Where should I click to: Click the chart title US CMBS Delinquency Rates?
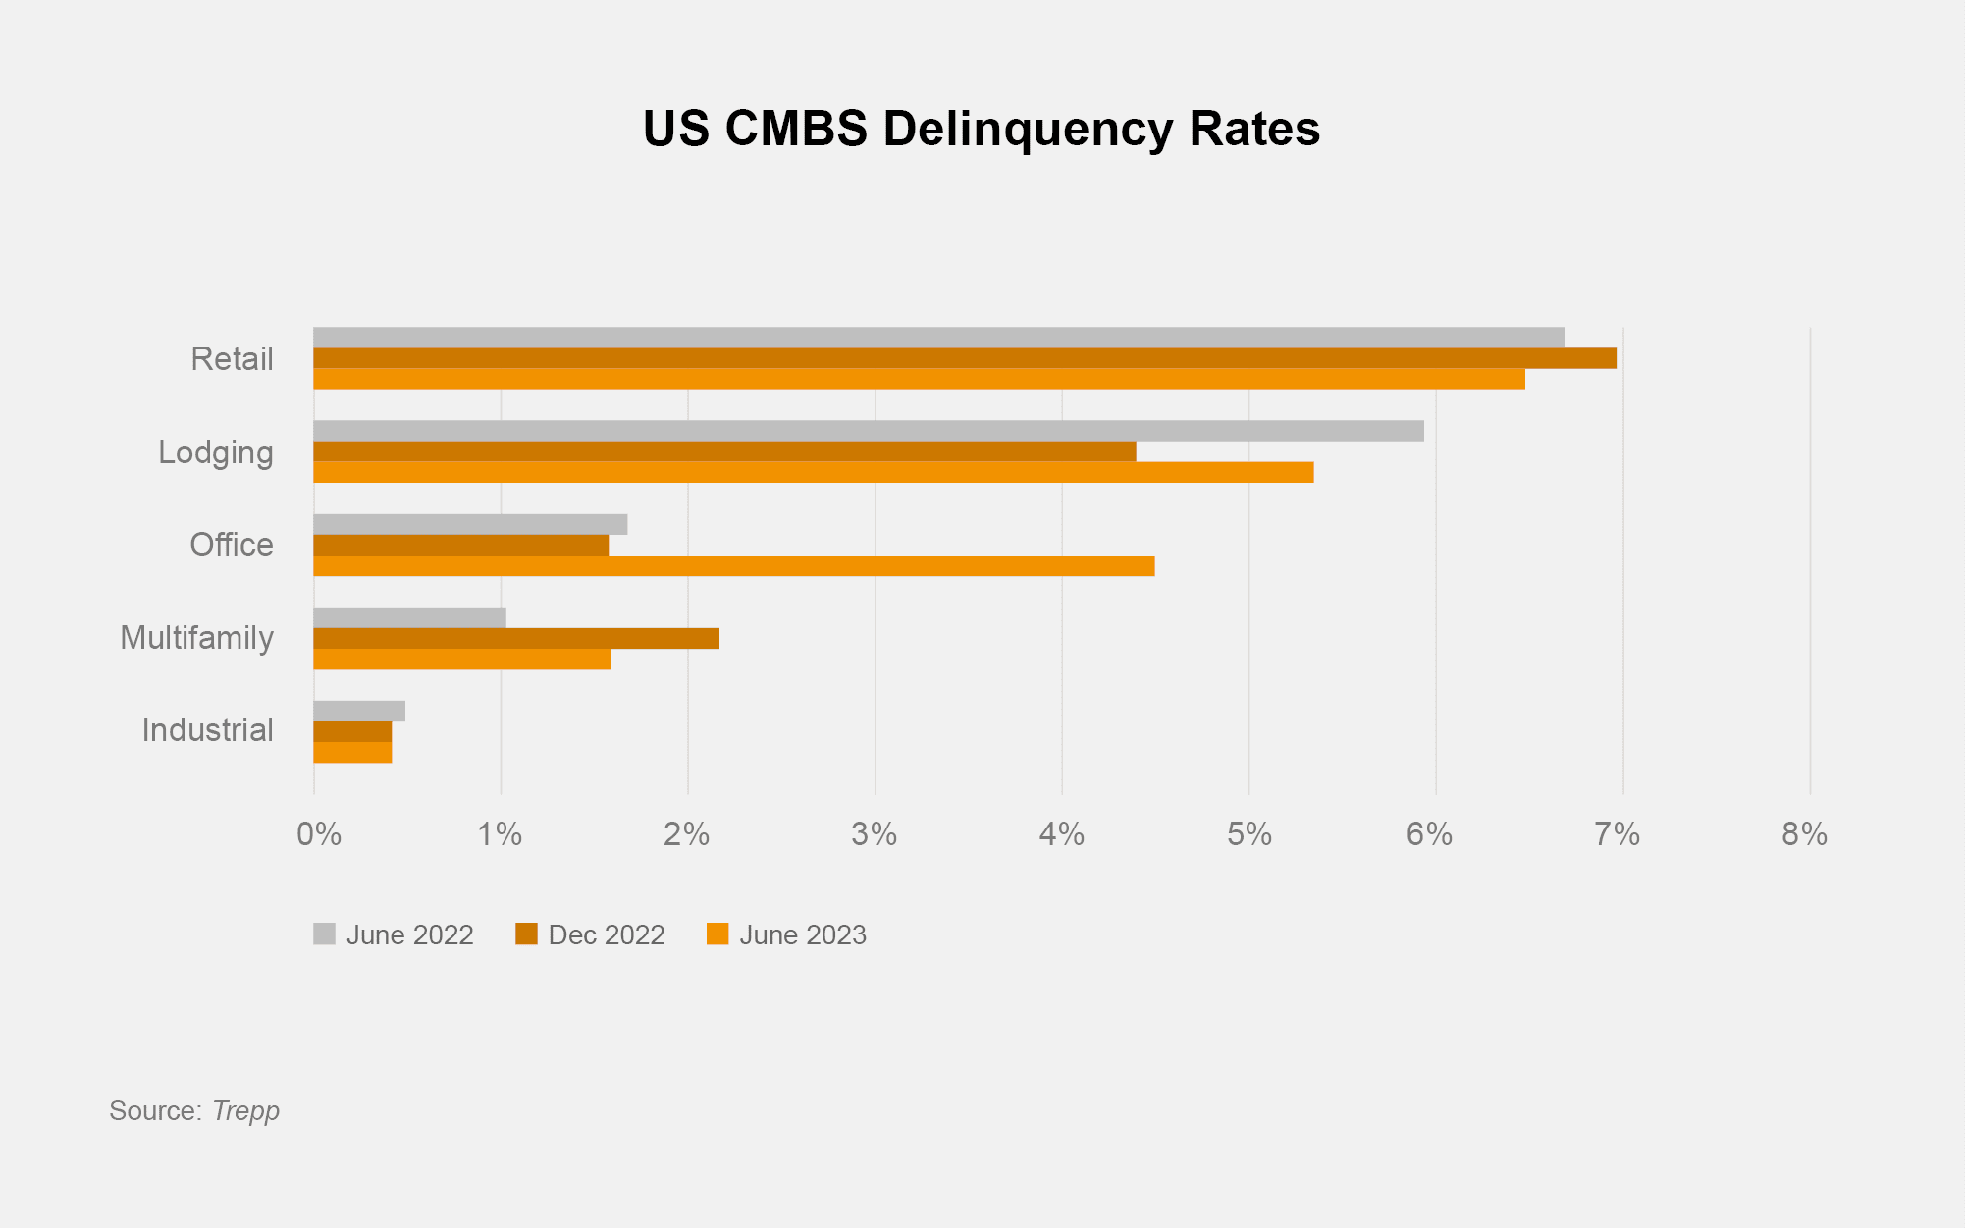pos(982,130)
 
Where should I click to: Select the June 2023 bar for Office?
pos(733,566)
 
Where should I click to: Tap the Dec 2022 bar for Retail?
pos(964,358)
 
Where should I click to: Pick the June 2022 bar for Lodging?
pos(868,431)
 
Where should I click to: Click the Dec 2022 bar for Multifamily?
pos(515,639)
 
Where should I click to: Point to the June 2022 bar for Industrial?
pos(359,712)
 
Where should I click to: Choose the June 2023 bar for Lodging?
pos(813,473)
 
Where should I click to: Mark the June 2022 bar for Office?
pos(470,524)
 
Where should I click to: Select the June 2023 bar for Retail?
pos(919,379)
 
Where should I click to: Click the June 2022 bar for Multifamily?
pos(409,617)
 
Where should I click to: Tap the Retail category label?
pos(232,359)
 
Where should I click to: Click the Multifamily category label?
pos(196,638)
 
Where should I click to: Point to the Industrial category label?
pos(207,730)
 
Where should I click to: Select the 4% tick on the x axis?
pos(1062,834)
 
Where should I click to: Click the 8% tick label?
pos(1804,834)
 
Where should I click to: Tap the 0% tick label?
pos(319,834)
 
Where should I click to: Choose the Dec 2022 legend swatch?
pos(526,934)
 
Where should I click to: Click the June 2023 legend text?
pos(803,935)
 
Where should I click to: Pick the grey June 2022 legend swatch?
pos(324,934)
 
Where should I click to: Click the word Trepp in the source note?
pos(245,1111)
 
